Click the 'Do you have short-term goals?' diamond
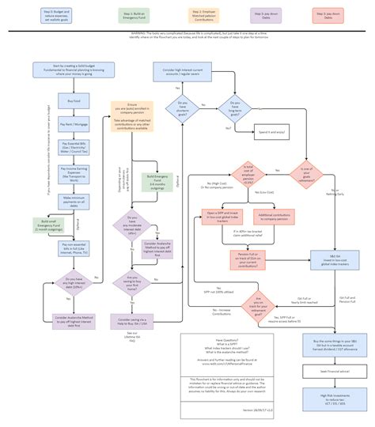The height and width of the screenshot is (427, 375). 182,105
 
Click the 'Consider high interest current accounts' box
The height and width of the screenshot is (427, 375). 182,74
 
